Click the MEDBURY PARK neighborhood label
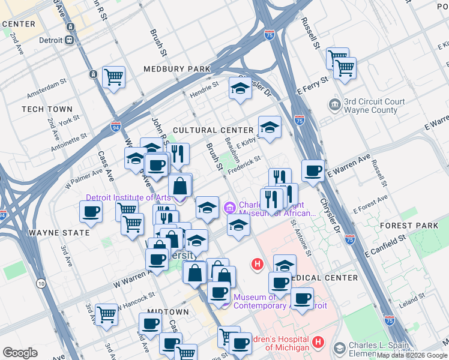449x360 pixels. point(176,69)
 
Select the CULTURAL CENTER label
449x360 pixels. point(213,130)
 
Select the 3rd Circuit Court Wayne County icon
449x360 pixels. point(334,105)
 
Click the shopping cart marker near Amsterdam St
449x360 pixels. point(113,77)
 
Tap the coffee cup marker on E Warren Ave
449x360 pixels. point(313,170)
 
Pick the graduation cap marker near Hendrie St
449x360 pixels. point(240,89)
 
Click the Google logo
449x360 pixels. point(20,353)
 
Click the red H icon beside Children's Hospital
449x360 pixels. point(318,343)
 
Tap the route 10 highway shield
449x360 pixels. point(40,283)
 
